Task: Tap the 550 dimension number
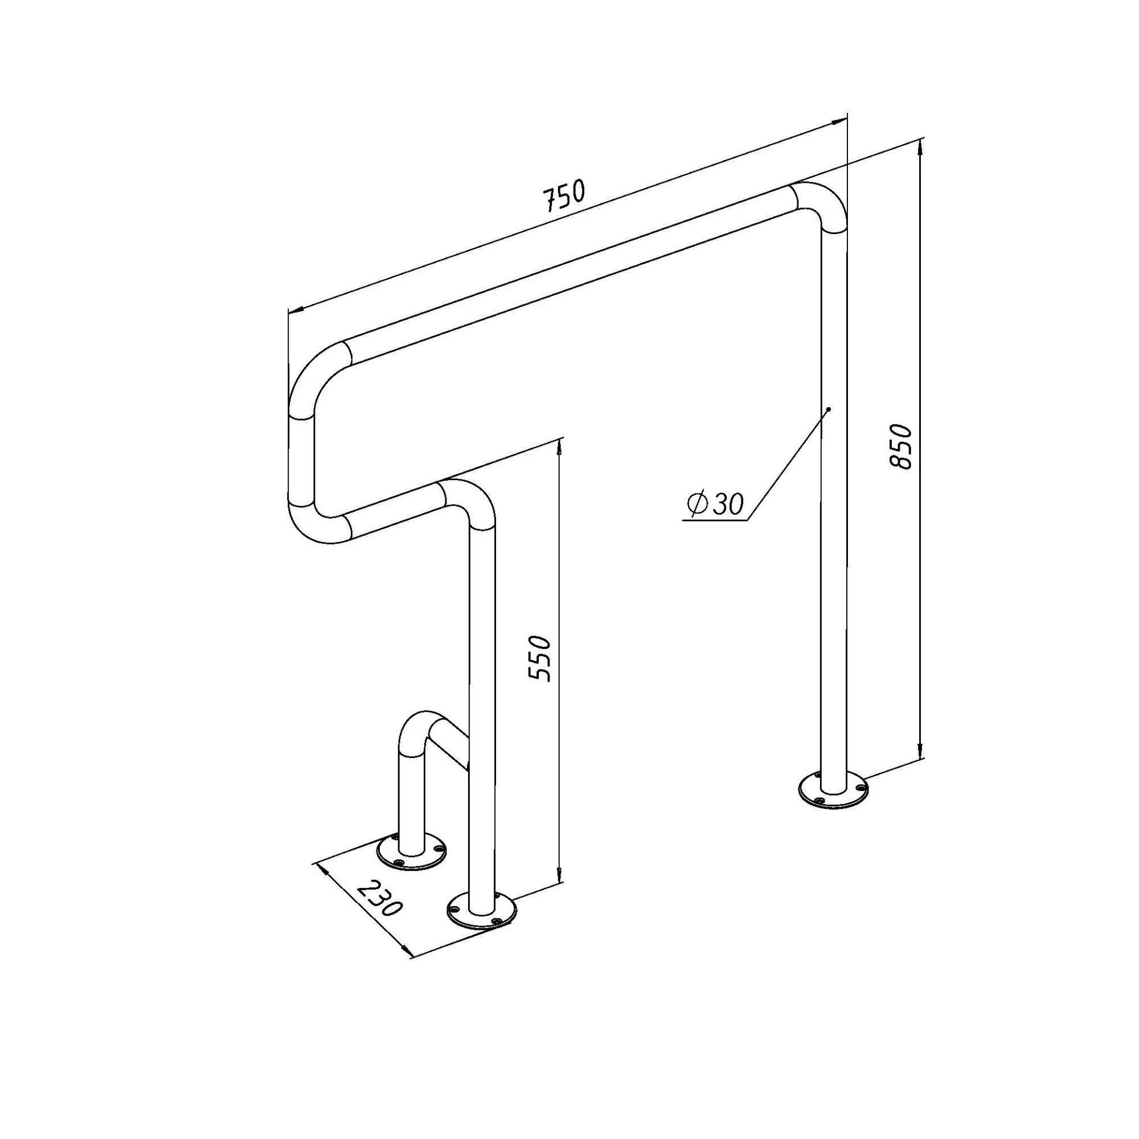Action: [539, 658]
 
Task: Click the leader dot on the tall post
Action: [828, 408]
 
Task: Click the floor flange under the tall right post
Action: [833, 789]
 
